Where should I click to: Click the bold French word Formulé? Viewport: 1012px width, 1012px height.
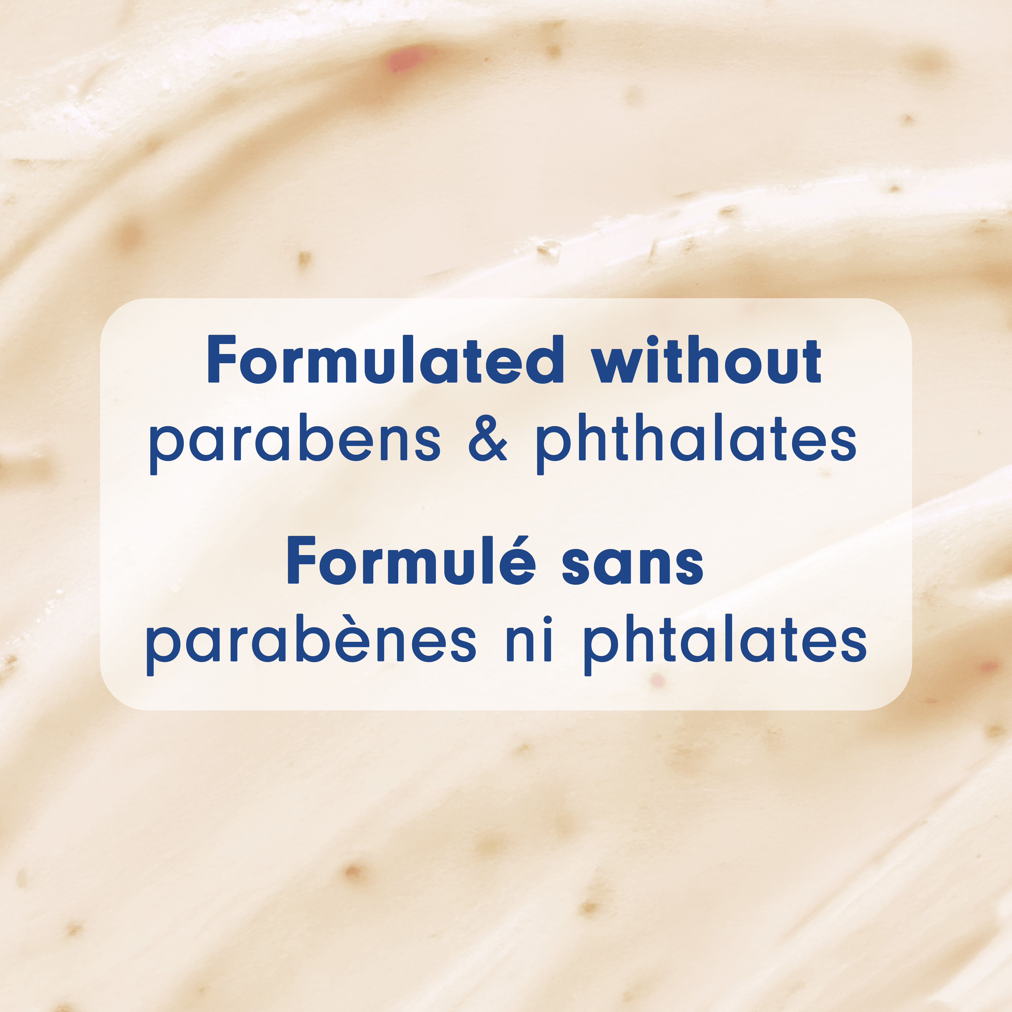(x=411, y=560)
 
